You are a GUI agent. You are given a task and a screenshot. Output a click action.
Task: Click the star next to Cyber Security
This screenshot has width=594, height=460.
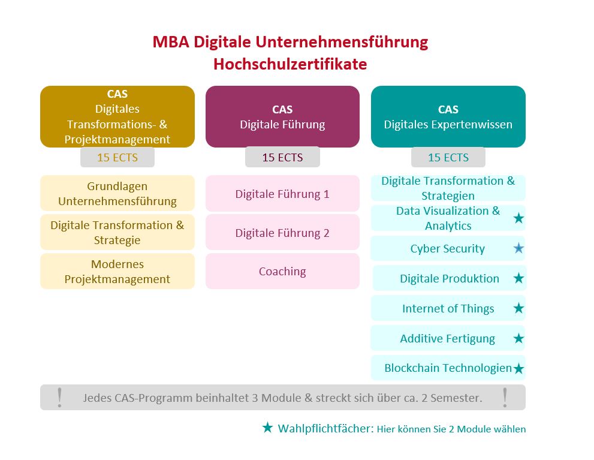[x=518, y=248]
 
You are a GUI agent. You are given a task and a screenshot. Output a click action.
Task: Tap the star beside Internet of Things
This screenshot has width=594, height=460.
[x=518, y=308]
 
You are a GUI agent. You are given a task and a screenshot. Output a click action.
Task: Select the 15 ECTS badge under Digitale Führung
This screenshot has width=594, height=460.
[x=282, y=157]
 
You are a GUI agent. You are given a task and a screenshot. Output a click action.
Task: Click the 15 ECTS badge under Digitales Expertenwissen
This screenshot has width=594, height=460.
[x=448, y=157]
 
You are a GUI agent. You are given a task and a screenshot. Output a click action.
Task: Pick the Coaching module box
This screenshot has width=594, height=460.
[x=282, y=271]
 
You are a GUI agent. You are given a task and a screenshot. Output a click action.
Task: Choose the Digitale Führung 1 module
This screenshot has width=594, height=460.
[x=282, y=194]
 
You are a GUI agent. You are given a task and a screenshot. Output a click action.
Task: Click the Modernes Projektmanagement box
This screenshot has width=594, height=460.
[x=117, y=271]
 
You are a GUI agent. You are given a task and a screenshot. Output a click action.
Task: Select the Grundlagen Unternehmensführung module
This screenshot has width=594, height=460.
[x=117, y=193]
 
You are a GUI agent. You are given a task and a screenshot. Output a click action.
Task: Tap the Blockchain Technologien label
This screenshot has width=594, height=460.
[x=448, y=368]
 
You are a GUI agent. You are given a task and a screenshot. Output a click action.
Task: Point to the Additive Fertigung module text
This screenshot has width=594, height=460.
[x=447, y=338]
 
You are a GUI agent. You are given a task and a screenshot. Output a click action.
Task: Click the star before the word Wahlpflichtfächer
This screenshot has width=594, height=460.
[x=267, y=428]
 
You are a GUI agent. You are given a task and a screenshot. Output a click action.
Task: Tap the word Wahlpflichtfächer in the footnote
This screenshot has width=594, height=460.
[x=326, y=429]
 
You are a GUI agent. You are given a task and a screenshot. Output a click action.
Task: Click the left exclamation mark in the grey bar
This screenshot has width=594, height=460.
[x=59, y=398]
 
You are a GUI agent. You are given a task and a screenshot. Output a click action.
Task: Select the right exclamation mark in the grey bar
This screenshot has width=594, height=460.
[x=505, y=398]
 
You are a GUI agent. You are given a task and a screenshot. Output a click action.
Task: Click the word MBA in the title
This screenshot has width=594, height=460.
[x=171, y=41]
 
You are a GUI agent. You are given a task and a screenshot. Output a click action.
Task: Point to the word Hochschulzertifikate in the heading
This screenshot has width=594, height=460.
[x=290, y=64]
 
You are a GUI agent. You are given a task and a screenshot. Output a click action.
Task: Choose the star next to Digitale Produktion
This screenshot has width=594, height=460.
[x=518, y=278]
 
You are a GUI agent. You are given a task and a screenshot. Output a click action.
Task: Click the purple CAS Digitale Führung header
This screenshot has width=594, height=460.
[x=282, y=117]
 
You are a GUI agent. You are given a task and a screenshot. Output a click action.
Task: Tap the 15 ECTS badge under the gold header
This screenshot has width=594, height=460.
[x=117, y=157]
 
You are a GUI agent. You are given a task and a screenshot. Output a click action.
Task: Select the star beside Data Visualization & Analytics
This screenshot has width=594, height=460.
[x=518, y=218]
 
